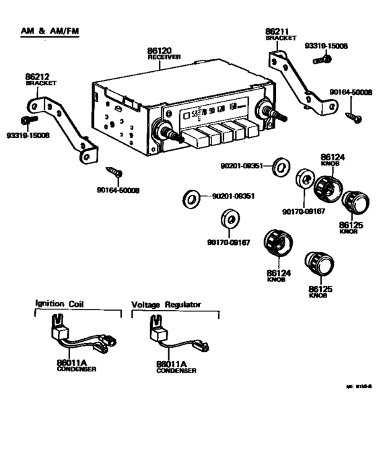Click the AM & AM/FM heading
click(48, 32)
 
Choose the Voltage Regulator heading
click(166, 305)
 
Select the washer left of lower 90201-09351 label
click(193, 198)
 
